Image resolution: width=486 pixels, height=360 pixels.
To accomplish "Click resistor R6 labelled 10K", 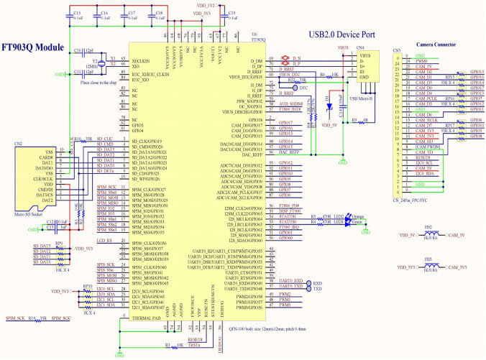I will [x=335, y=74].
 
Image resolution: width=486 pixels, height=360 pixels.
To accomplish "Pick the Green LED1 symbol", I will [x=351, y=223].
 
